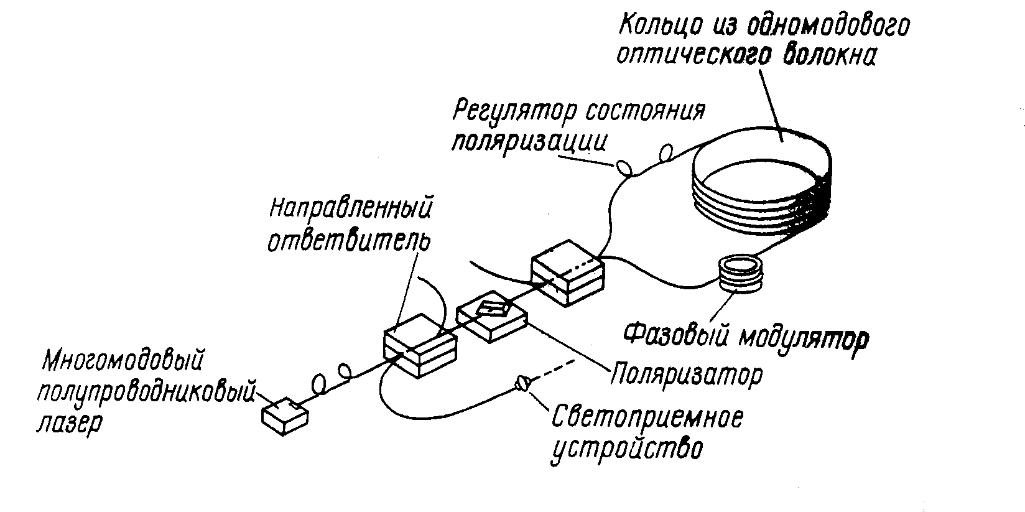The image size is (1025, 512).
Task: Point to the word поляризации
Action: click(x=529, y=142)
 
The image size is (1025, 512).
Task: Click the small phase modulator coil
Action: click(x=740, y=274)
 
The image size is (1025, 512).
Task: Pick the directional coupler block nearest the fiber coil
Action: click(x=567, y=274)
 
